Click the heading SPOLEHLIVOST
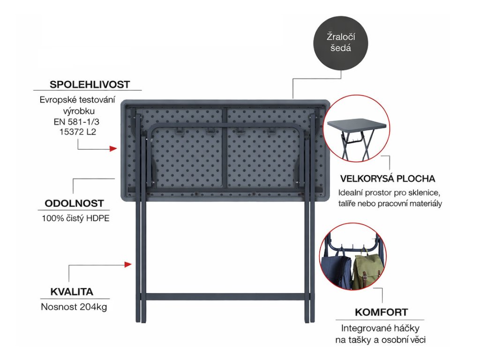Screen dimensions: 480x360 (x=89, y=84)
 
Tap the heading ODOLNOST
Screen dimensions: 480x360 (x=74, y=203)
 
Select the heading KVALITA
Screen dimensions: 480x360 (x=72, y=292)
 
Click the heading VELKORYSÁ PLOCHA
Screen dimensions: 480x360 (x=388, y=179)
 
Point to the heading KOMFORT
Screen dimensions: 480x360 (x=381, y=312)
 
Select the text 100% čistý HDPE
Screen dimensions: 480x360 (x=75, y=218)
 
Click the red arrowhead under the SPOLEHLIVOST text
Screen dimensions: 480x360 (x=113, y=149)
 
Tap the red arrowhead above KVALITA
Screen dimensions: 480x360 (x=128, y=265)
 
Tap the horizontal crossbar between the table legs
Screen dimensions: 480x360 (x=225, y=297)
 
